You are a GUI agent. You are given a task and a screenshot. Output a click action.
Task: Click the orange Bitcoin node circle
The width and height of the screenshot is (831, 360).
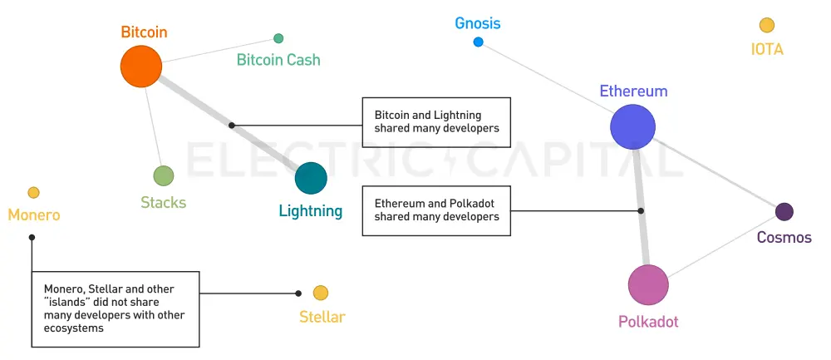click(140, 67)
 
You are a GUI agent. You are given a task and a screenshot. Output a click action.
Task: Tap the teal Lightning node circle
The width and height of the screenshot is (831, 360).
click(311, 178)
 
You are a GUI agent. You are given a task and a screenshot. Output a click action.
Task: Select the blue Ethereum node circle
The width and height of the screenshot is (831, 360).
click(633, 126)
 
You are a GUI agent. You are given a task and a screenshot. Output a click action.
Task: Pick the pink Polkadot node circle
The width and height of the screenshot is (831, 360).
click(648, 285)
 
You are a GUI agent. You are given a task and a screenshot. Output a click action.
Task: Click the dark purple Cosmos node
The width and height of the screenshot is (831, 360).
click(784, 212)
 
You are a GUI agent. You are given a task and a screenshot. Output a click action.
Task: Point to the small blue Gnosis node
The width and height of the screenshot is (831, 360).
click(478, 42)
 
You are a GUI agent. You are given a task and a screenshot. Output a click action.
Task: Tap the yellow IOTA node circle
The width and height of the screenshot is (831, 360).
click(766, 26)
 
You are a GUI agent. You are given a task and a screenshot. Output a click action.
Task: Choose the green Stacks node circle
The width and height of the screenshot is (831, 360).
click(164, 175)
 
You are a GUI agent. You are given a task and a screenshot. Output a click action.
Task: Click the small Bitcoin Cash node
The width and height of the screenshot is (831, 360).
click(278, 38)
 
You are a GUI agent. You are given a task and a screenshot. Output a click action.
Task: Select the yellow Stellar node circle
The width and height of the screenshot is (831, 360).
click(321, 293)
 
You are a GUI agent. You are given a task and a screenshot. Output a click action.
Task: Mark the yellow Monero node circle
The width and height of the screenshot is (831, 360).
click(33, 193)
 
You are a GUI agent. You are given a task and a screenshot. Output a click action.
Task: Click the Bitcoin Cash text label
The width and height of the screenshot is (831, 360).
click(278, 60)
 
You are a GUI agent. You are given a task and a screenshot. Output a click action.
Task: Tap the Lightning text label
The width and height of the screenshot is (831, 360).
click(311, 211)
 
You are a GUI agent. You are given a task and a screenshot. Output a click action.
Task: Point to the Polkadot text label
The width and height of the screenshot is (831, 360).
click(654, 322)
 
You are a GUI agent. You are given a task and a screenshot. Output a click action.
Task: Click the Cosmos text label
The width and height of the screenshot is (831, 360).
click(784, 238)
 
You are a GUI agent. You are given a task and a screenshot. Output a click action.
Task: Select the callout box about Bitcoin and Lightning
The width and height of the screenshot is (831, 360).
click(436, 121)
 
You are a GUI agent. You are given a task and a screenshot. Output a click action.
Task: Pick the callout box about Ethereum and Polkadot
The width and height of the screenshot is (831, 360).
click(436, 210)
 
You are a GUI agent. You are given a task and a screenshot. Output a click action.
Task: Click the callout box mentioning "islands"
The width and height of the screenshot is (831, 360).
click(116, 308)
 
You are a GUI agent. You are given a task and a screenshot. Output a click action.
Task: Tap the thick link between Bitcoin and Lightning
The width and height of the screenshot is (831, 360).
click(199, 105)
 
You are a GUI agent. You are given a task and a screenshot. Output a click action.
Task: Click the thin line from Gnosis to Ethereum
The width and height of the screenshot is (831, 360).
click(540, 76)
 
